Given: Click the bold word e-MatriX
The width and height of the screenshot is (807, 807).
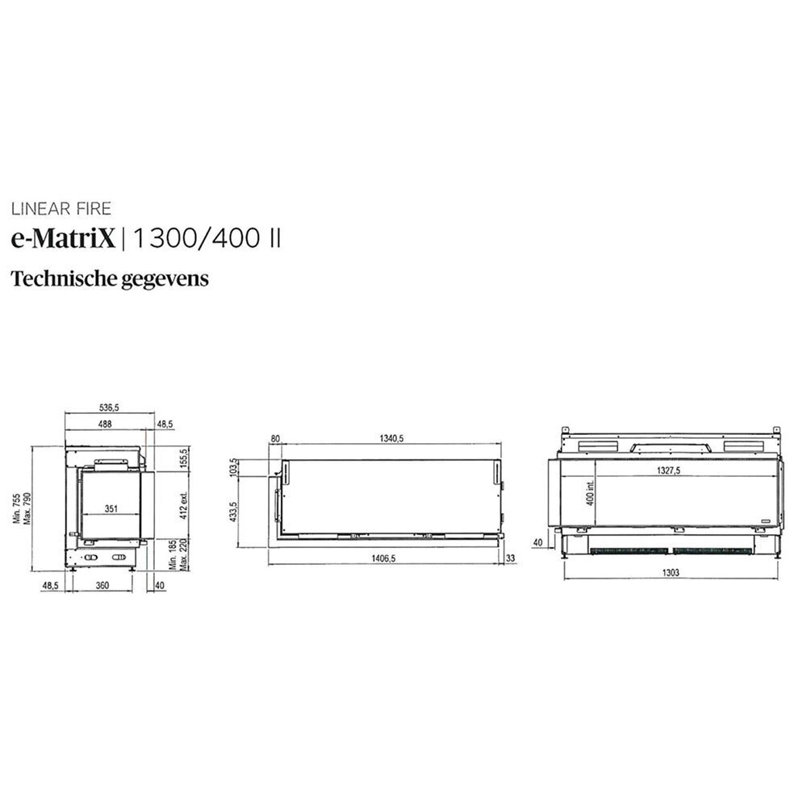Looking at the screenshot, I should (x=63, y=238).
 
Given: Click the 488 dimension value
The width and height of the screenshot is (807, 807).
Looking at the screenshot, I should (x=106, y=423).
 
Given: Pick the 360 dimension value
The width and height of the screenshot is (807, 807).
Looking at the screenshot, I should (x=102, y=585).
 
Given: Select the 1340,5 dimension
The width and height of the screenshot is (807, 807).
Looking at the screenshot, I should (x=390, y=438).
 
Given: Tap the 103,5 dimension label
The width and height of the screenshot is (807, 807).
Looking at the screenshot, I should (x=234, y=467).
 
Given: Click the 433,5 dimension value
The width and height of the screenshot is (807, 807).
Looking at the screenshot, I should (x=234, y=512).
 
